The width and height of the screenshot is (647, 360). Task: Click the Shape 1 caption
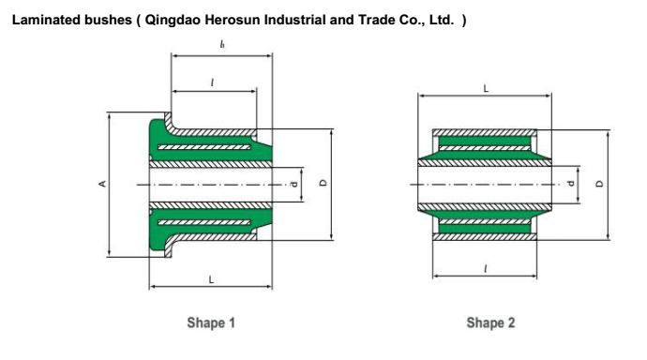click(211, 322)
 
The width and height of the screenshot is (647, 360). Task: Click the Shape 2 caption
click(490, 322)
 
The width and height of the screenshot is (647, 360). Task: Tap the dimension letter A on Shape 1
click(102, 184)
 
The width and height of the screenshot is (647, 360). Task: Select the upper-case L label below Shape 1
click(211, 279)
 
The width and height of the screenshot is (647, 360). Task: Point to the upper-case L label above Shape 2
click(486, 88)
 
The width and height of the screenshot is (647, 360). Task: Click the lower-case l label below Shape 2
click(486, 269)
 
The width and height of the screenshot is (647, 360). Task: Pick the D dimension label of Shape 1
click(323, 183)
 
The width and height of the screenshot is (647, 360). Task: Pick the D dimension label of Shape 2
click(599, 184)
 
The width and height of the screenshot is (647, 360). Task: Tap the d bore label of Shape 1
click(294, 184)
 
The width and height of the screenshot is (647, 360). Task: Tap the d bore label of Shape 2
click(571, 184)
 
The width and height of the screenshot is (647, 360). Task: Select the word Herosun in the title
click(233, 20)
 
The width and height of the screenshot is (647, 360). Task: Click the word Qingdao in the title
click(173, 21)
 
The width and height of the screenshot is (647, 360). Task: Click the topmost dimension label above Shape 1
click(222, 44)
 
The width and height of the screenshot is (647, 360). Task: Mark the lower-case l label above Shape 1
click(212, 82)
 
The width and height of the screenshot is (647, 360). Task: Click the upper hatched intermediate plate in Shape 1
click(204, 147)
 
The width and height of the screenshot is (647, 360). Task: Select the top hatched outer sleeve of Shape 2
click(485, 133)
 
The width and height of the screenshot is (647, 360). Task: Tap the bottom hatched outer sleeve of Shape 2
click(485, 236)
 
